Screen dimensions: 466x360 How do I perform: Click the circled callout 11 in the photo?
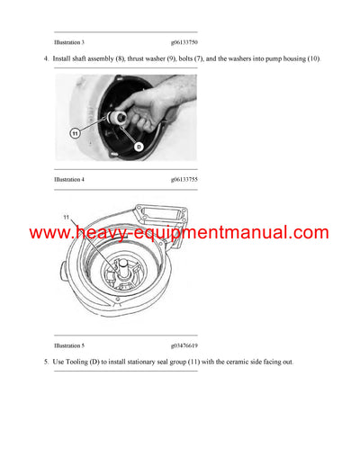(x=75, y=132)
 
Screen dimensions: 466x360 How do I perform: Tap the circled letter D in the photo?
(x=138, y=146)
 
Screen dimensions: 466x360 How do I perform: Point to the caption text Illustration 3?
(x=69, y=42)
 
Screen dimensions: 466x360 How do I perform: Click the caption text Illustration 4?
(x=69, y=179)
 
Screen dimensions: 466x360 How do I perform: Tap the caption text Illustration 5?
(x=69, y=345)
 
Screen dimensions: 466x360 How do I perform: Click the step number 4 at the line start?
(x=45, y=59)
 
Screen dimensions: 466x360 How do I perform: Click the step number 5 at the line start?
(x=45, y=363)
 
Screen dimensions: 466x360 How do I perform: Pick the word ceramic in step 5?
(x=233, y=363)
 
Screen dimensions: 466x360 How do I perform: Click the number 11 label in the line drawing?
(x=66, y=218)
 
